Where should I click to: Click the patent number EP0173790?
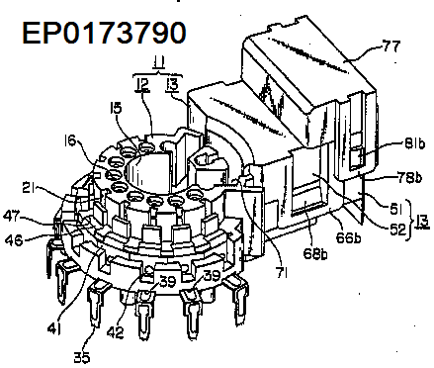click(104, 33)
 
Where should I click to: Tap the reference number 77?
click(391, 46)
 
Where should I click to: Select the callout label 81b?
click(414, 143)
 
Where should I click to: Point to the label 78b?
click(410, 178)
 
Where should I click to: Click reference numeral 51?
click(396, 208)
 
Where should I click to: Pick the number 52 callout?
click(397, 230)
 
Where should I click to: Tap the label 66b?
click(347, 237)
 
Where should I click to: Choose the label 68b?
click(315, 254)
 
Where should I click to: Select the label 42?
click(116, 332)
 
